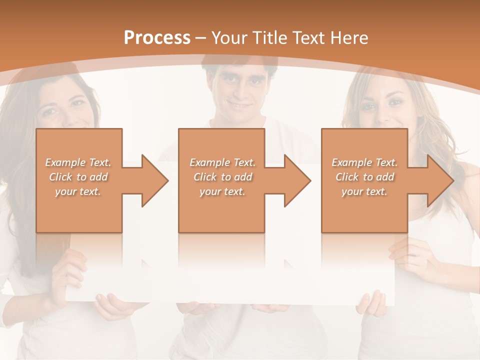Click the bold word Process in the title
tap(157, 38)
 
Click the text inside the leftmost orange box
tap(78, 177)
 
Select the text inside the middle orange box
tap(222, 177)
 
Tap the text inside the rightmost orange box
tap(364, 177)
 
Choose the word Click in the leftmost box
tap(61, 177)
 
